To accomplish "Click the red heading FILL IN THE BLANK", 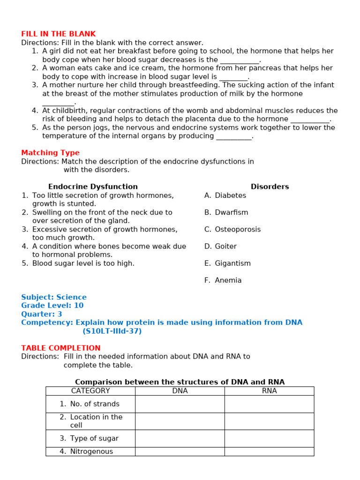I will (58, 34).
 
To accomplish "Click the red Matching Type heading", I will (50, 153).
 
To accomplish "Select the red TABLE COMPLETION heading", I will (60, 348).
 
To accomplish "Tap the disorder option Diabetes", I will (230, 195).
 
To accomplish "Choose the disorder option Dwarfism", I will (231, 212).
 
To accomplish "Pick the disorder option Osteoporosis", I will (237, 229).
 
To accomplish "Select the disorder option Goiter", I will (225, 246).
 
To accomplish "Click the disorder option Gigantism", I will (232, 263).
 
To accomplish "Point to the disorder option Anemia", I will (228, 280).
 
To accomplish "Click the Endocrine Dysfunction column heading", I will (93, 187).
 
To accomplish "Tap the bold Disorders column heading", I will (270, 187).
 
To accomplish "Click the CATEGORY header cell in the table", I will (90, 391).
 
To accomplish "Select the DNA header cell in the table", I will (180, 391).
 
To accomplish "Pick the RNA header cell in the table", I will (269, 391).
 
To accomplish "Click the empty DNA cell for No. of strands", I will (180, 404).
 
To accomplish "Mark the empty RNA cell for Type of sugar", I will (269, 438).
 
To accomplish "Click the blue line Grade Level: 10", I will (52, 306).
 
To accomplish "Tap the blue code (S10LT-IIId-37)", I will (112, 331).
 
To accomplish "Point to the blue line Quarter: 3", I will (41, 314).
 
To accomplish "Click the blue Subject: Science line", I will (54, 297).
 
